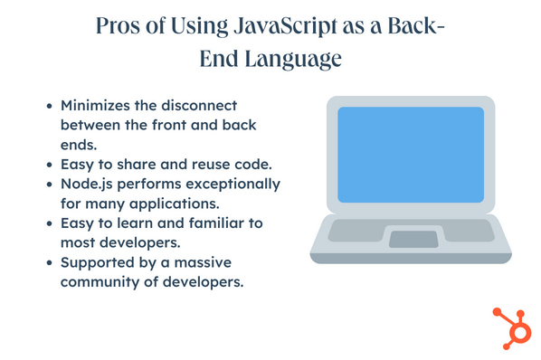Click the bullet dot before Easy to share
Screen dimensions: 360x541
[x=50, y=165]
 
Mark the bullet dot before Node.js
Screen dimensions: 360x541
[x=50, y=184]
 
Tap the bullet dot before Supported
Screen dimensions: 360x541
[x=50, y=261]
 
